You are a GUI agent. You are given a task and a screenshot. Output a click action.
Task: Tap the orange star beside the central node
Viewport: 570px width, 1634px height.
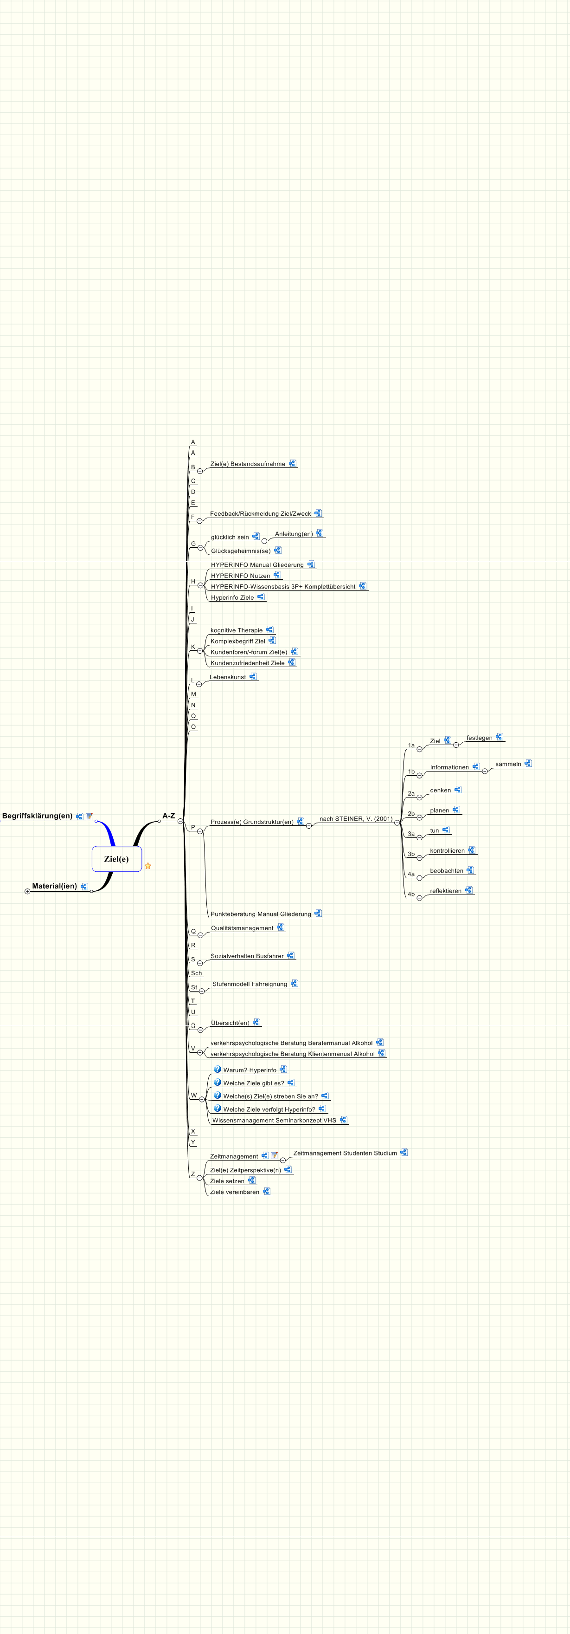point(148,866)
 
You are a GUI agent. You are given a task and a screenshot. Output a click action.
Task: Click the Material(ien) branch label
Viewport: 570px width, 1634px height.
point(55,886)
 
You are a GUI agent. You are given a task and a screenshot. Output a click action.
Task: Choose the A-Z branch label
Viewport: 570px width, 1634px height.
point(169,816)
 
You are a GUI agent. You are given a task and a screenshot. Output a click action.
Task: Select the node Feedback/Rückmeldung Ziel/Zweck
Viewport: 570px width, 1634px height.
point(260,514)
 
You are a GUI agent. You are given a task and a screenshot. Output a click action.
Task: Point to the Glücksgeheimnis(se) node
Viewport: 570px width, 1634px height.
point(240,551)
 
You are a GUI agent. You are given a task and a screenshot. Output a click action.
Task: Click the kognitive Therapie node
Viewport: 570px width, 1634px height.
point(236,630)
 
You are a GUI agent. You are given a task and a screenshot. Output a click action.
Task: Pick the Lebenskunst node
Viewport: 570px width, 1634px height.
point(228,677)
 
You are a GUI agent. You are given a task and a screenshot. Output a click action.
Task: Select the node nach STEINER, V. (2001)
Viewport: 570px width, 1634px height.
point(356,819)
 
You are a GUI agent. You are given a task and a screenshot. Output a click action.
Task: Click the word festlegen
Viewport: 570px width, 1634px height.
point(480,738)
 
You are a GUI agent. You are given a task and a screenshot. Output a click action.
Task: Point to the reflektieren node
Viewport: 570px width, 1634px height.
point(446,891)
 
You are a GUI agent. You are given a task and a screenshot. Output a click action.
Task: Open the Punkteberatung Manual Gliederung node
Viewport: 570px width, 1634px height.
point(261,914)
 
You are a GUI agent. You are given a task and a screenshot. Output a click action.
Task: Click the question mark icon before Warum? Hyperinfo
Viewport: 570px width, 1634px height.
point(218,1069)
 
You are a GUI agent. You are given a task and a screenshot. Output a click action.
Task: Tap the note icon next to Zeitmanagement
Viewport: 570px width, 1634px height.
point(275,1156)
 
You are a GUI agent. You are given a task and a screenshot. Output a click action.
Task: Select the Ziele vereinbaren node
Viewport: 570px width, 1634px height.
point(235,1192)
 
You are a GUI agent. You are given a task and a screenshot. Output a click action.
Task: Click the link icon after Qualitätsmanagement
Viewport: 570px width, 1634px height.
point(280,927)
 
